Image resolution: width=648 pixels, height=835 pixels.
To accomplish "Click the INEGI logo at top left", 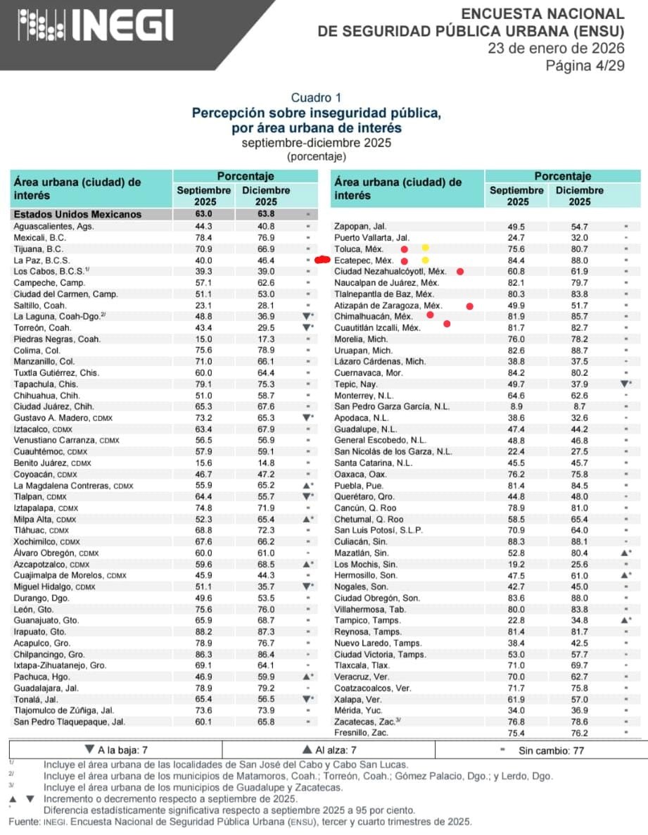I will (95, 26).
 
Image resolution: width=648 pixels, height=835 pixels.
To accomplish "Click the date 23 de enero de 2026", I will (556, 49).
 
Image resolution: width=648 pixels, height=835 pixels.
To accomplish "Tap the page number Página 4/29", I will (585, 65).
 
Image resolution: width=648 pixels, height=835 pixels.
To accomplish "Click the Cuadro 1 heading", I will (316, 98).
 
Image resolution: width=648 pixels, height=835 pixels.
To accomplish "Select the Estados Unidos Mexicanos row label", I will (77, 215).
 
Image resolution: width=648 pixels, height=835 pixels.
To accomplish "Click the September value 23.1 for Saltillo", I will (203, 305).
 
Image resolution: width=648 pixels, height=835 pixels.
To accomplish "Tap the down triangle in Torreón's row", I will (305, 327).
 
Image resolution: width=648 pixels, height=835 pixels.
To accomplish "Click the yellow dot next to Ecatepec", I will (424, 260).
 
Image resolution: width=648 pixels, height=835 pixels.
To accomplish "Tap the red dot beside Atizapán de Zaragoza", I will (469, 306).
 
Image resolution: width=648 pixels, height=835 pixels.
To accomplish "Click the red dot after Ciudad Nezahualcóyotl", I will (460, 271).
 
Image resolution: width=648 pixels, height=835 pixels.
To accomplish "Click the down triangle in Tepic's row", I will (623, 384).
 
